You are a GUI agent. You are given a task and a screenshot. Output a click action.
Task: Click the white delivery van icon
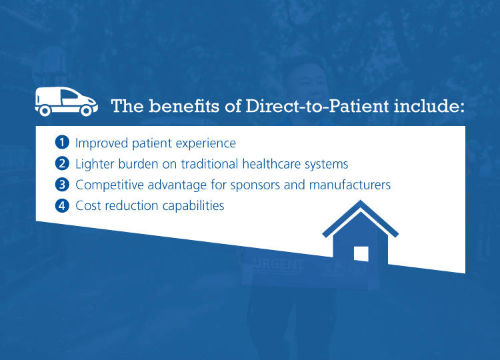point(65,101)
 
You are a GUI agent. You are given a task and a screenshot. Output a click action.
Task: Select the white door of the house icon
point(361,253)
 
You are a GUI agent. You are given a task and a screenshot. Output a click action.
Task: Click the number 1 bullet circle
point(62,143)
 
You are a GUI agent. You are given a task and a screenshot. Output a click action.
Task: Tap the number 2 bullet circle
point(62,163)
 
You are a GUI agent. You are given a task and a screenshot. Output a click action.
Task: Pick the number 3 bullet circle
point(62,185)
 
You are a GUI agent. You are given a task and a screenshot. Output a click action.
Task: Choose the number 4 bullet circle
point(62,206)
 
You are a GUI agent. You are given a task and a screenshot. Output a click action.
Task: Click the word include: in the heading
point(431,107)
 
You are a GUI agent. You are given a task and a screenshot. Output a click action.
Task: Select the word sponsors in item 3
point(242,185)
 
